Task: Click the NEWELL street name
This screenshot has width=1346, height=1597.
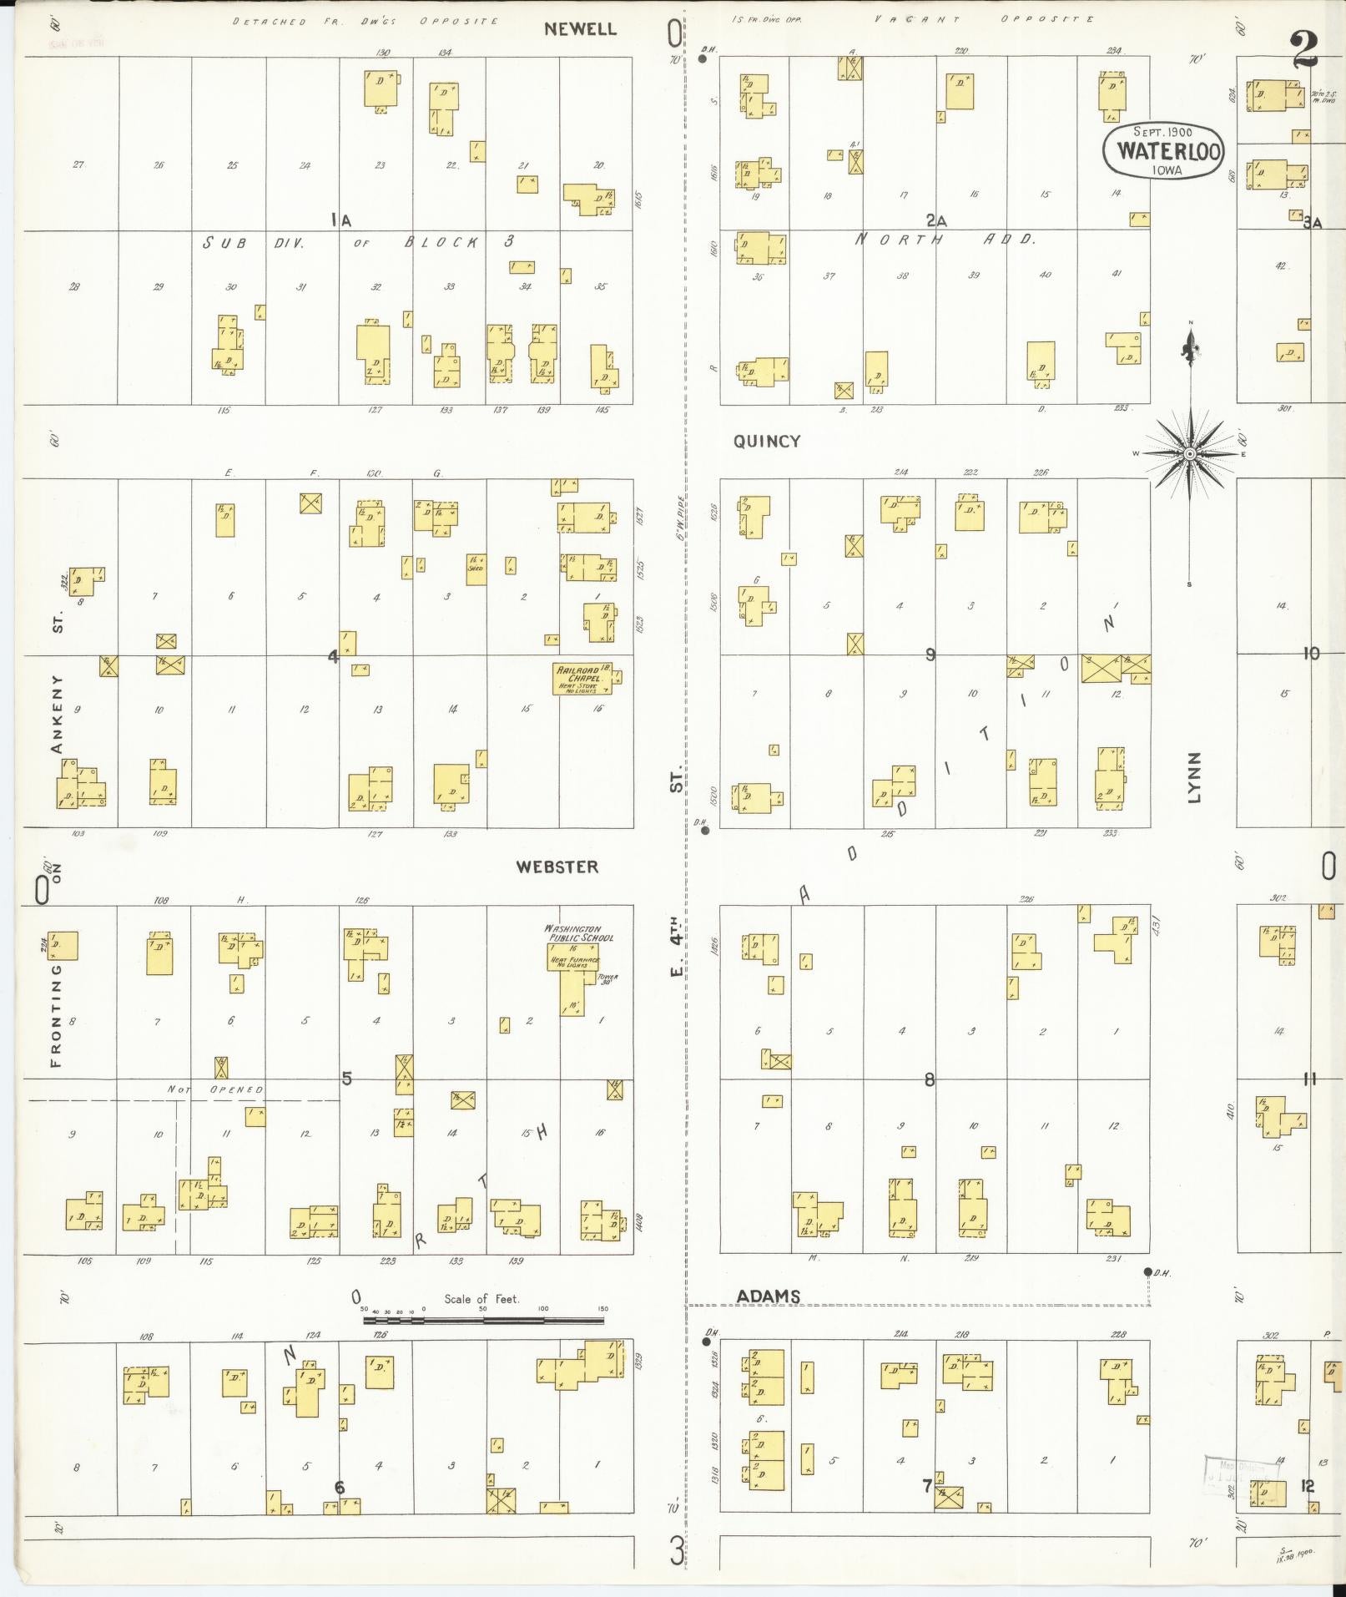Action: (580, 29)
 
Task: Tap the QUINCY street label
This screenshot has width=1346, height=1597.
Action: (767, 442)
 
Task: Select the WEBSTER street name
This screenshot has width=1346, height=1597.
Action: (557, 867)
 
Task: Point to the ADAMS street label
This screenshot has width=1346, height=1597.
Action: (769, 1296)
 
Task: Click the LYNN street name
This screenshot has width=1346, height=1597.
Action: (1194, 777)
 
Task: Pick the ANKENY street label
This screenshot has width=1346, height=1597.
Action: (58, 714)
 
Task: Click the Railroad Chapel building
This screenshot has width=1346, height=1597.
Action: (582, 679)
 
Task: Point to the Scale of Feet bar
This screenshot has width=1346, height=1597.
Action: (484, 1321)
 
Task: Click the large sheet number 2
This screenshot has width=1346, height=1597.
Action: (1303, 50)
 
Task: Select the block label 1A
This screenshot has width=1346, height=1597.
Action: (340, 220)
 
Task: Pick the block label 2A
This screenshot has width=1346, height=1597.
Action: (935, 220)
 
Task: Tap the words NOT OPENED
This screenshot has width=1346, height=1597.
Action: (215, 1089)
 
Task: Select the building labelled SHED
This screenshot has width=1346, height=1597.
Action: (476, 569)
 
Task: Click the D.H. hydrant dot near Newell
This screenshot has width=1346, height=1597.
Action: (703, 59)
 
